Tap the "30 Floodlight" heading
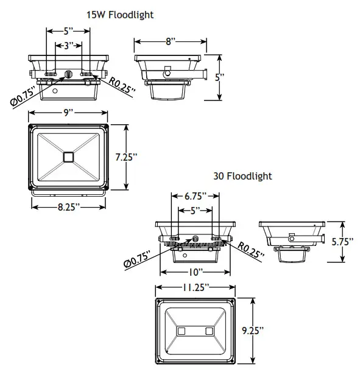click(242, 176)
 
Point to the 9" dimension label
click(68, 113)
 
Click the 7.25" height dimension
click(126, 156)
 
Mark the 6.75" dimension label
click(196, 196)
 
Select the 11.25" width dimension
click(195, 286)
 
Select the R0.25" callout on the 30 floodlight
click(249, 250)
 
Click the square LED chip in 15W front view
click(68, 156)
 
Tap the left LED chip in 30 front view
click(181, 331)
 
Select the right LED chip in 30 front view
click(209, 331)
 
